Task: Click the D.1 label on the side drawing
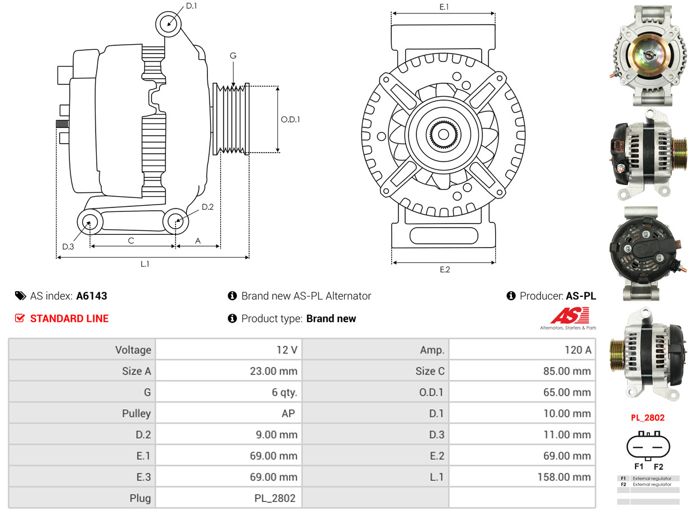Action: [x=191, y=6]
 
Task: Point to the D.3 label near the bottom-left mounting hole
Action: [x=68, y=247]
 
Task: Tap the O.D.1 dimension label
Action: [x=290, y=119]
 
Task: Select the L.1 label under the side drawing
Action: [x=145, y=264]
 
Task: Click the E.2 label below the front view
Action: [x=444, y=270]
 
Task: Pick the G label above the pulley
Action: [x=233, y=55]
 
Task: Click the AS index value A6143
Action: [x=92, y=296]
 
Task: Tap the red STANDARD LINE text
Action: [x=69, y=319]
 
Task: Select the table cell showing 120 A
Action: [x=578, y=350]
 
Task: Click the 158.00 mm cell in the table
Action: [x=567, y=477]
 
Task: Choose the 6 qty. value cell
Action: [x=284, y=392]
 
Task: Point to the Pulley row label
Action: [x=136, y=414]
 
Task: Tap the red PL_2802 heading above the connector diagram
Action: [x=648, y=418]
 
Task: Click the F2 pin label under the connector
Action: [x=658, y=467]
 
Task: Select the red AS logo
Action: [x=569, y=316]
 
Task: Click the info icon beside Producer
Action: [x=511, y=296]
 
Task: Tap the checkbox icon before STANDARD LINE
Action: [x=20, y=319]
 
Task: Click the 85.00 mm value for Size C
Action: [x=567, y=371]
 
